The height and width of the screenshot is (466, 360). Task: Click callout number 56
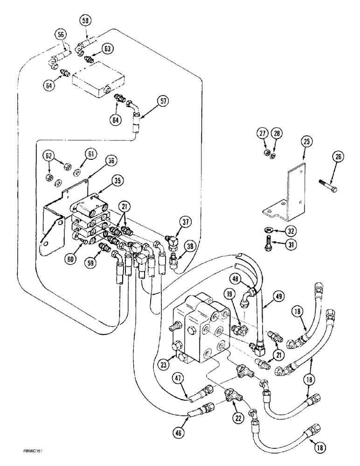click(61, 34)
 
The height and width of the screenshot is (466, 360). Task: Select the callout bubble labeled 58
click(84, 21)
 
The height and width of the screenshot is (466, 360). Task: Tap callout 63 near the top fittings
click(108, 48)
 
